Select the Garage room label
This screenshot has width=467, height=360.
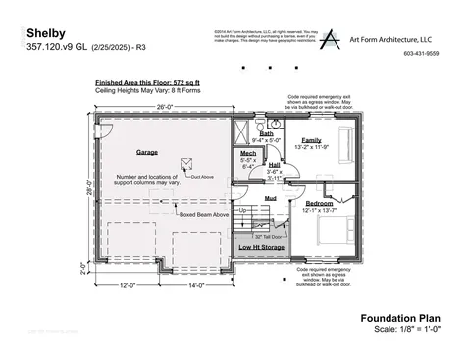point(147,152)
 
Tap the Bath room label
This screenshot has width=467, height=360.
point(266,133)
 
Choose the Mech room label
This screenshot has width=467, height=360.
point(247,154)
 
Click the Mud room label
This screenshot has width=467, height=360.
point(269,197)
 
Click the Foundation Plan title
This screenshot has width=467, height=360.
point(399,317)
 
